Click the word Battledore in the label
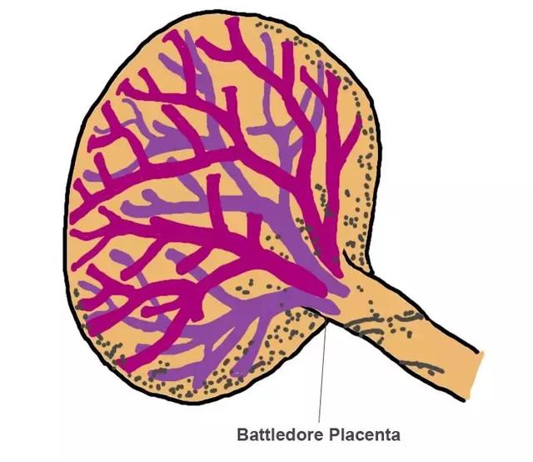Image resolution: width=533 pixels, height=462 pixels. pyautogui.click(x=281, y=434)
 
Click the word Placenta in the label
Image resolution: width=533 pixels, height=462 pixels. pyautogui.click(x=365, y=434)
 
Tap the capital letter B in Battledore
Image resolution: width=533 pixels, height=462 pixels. pyautogui.click(x=242, y=434)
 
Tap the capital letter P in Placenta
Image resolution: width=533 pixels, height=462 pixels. pyautogui.click(x=335, y=434)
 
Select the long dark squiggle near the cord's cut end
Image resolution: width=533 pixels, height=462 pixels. pyautogui.click(x=422, y=367)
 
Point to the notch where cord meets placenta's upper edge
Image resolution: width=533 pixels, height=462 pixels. pyautogui.click(x=344, y=252)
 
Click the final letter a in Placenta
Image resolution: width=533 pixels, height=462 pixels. pyautogui.click(x=396, y=436)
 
